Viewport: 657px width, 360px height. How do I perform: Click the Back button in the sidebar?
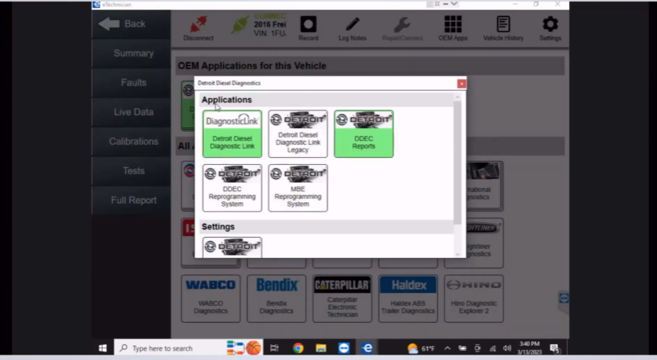(124, 24)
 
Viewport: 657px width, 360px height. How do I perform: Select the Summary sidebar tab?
(133, 54)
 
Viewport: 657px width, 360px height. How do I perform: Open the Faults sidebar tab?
(133, 82)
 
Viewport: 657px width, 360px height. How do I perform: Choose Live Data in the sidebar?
(133, 112)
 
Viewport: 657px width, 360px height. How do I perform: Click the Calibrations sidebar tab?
(133, 142)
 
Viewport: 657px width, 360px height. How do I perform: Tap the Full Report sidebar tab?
(133, 200)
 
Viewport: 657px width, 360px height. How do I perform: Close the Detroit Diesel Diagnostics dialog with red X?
(461, 83)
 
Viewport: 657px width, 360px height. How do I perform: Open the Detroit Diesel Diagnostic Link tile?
(232, 134)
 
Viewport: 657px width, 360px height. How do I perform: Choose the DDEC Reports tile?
(363, 134)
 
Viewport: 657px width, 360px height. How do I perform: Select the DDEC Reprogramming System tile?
(232, 187)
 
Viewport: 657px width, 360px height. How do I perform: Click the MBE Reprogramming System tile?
(298, 187)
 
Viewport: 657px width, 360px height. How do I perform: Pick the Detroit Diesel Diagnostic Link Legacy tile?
(298, 134)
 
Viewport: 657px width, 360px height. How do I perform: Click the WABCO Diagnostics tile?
(211, 298)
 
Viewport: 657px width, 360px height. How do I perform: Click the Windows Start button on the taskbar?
(103, 348)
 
